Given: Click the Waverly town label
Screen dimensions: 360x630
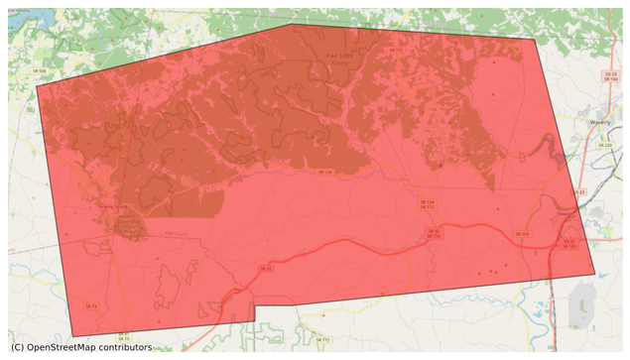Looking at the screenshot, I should coord(597,121).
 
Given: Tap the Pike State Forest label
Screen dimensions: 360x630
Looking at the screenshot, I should coord(340,59).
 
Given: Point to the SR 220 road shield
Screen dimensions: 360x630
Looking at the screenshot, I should coord(605,146).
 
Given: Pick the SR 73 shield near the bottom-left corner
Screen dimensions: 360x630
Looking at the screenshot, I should coord(92,306).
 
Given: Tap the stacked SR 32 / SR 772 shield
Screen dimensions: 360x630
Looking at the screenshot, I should coord(434,234).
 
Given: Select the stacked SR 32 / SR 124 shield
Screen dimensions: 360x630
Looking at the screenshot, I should coord(568,243).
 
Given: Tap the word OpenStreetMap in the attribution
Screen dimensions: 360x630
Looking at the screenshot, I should coord(68,347).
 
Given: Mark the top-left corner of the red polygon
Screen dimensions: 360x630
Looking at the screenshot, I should coord(37,87).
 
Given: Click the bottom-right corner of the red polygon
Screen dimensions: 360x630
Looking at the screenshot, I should coord(595,274).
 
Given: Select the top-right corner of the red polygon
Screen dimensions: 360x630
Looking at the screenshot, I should coord(536,40).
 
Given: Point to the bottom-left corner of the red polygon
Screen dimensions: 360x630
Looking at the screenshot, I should coord(72,336).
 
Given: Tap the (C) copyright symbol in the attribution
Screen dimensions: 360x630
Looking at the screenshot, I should coord(18,347).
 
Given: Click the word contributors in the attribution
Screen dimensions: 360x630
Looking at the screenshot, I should coord(130,347).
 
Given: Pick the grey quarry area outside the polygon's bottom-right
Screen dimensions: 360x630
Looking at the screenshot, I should coord(581,299).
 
